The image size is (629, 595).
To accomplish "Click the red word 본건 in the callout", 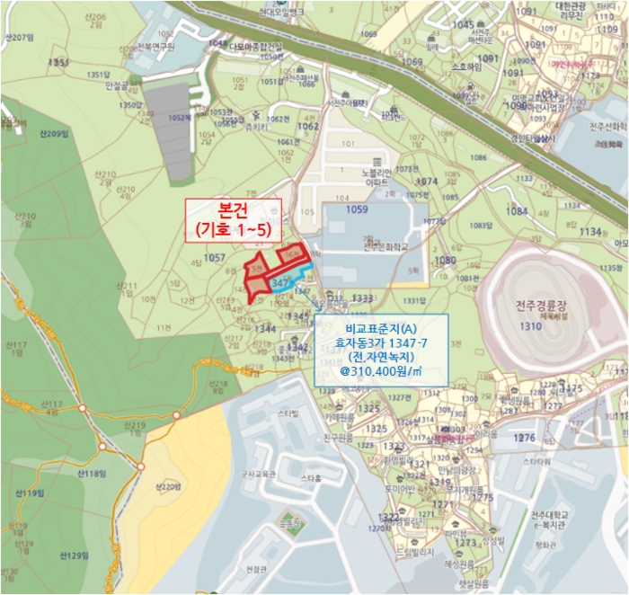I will coord(233,210).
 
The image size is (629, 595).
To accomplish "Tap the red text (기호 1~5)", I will coord(233,230).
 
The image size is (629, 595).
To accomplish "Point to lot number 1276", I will coord(525,438).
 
